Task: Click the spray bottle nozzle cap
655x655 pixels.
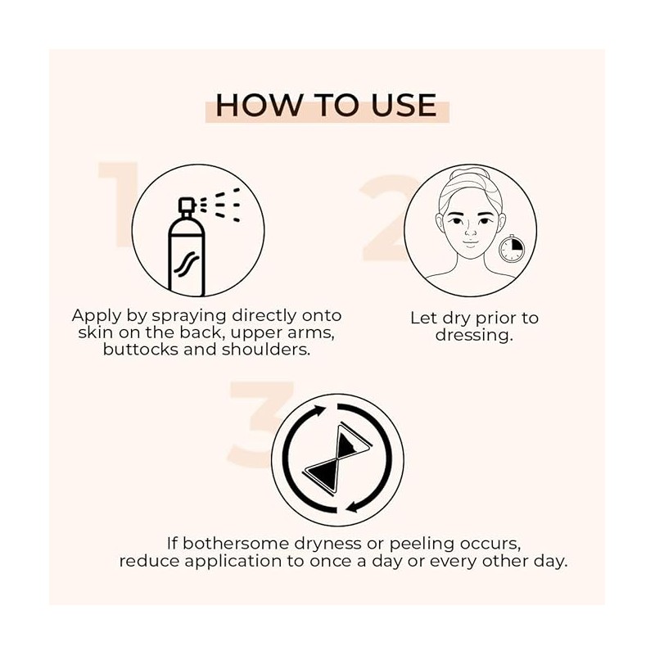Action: pos(187,206)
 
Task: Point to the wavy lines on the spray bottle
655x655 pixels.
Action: pos(187,264)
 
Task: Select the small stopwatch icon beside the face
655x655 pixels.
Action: pos(512,249)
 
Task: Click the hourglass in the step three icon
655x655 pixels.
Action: pos(338,458)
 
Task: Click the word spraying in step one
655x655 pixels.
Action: pos(189,316)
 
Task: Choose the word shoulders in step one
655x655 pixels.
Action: pos(266,350)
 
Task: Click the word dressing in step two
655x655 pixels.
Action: pos(474,335)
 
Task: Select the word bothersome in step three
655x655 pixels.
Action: pos(236,544)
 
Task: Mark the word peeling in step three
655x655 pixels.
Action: pos(422,544)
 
